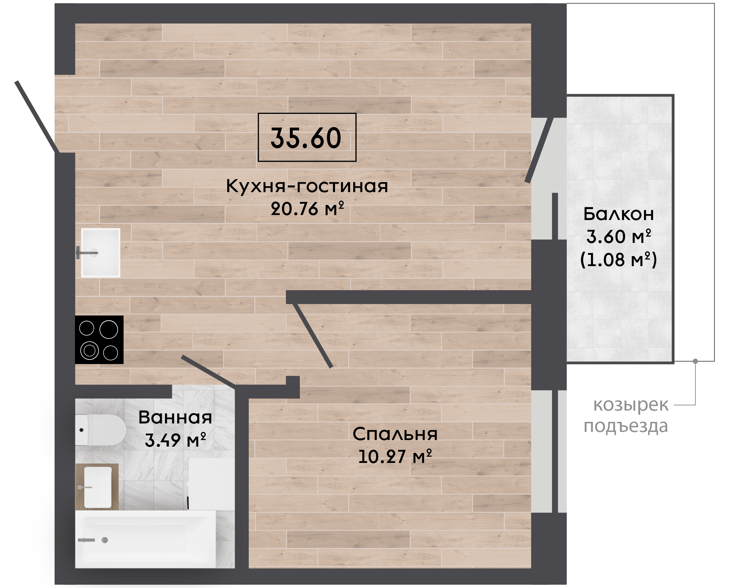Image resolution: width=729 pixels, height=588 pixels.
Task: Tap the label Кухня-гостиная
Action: (x=307, y=186)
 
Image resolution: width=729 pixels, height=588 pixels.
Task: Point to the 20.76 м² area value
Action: (x=307, y=208)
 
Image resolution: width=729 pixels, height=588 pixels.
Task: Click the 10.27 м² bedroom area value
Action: (x=395, y=456)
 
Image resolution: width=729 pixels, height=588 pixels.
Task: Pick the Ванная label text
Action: (x=175, y=417)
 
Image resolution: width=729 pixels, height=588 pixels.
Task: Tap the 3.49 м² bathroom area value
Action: (x=175, y=440)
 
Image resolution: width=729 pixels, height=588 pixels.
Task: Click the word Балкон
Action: (x=619, y=214)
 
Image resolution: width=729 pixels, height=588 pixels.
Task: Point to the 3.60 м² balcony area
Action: (x=619, y=236)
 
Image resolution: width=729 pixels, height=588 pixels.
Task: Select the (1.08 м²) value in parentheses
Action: (x=619, y=260)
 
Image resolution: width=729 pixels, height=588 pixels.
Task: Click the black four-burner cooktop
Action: (x=99, y=340)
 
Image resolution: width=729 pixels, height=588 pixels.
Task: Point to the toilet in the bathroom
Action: (x=101, y=430)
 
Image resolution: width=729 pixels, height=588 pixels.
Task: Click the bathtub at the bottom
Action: (x=146, y=539)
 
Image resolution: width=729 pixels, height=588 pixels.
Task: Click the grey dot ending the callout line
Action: (x=695, y=361)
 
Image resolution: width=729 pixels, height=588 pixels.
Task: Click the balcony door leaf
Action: (x=539, y=150)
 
